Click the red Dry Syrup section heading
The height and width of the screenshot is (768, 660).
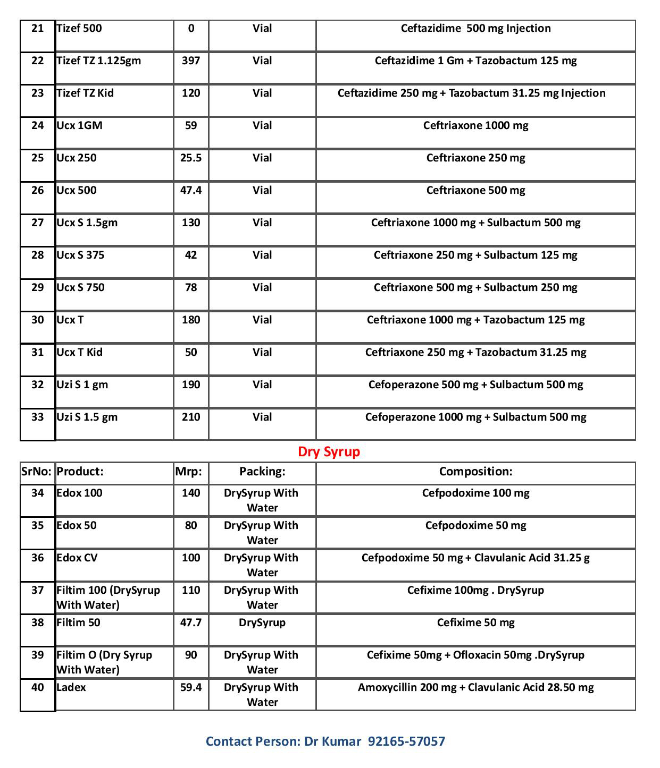329,452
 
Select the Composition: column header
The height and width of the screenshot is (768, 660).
475,472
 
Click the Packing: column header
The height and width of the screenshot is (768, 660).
262,472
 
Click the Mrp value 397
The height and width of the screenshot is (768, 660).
191,61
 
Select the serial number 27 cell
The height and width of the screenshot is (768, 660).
37,223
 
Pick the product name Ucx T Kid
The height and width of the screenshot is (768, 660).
80,353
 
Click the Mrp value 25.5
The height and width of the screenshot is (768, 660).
191,158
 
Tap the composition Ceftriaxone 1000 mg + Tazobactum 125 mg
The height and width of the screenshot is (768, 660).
475,320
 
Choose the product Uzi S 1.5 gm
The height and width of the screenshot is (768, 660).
87,417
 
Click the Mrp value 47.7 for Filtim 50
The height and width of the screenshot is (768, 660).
191,623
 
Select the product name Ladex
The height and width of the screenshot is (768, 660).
71,688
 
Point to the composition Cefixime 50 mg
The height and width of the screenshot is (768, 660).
475,623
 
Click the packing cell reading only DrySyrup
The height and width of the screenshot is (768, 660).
262,623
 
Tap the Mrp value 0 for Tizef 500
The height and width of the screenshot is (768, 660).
191,29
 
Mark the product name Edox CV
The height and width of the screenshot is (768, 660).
77,558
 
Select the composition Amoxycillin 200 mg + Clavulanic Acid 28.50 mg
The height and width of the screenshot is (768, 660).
475,688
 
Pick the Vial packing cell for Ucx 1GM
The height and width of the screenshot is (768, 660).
262,126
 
